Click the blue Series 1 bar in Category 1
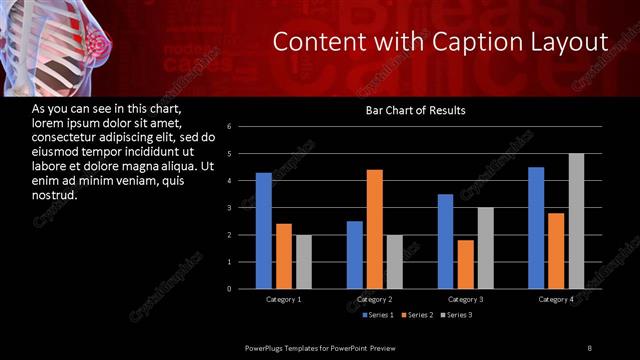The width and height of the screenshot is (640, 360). point(263,230)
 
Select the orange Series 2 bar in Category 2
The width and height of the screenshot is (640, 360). point(375,229)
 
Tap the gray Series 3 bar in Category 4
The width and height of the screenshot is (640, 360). point(577,221)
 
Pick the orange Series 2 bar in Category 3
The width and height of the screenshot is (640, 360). point(466,264)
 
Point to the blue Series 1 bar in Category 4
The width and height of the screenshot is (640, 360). point(536,228)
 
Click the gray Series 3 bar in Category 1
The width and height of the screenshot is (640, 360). point(304,262)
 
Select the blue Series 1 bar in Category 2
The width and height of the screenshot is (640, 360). point(355,255)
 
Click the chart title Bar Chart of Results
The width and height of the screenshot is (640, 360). point(415,110)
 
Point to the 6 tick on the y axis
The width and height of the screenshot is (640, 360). point(230,127)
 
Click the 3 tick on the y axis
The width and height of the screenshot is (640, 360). point(230,208)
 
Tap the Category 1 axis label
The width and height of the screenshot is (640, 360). point(284,299)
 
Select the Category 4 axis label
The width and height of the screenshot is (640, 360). point(557,299)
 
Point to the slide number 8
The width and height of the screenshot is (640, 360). point(590,347)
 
